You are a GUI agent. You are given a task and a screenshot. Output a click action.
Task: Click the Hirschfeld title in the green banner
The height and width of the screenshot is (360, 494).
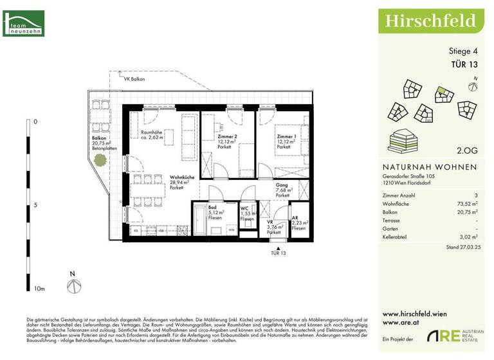[430, 20]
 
